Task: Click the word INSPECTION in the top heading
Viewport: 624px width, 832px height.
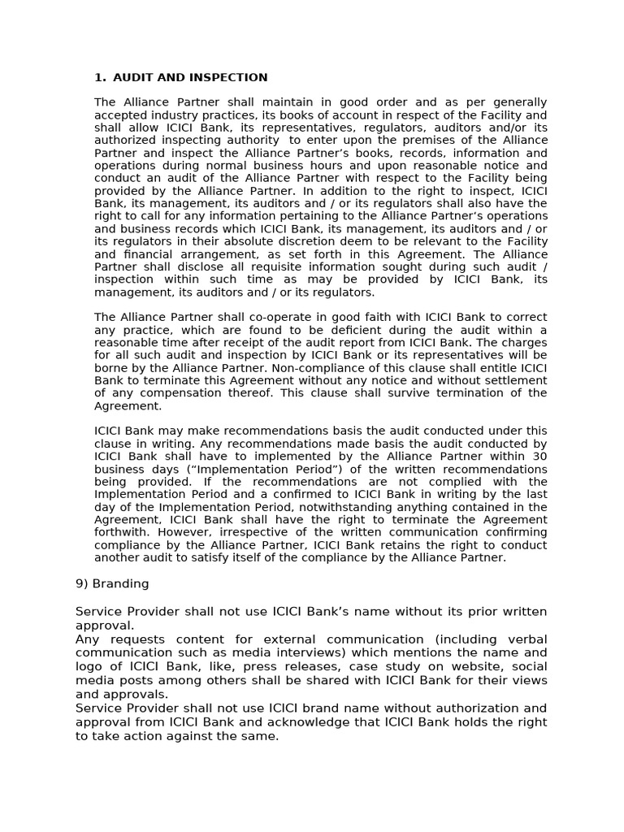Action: pyautogui.click(x=230, y=78)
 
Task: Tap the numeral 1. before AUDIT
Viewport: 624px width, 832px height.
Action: pyautogui.click(x=100, y=78)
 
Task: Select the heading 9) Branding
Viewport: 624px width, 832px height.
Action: pyautogui.click(x=112, y=583)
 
